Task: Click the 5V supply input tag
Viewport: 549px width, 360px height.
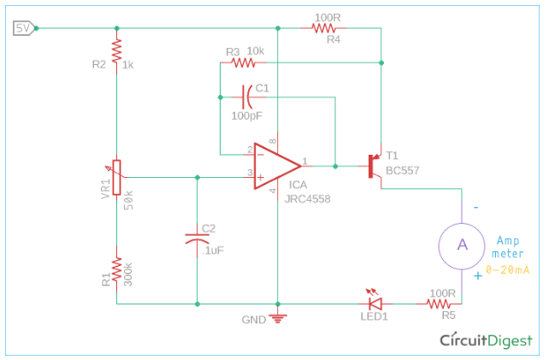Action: tap(24, 28)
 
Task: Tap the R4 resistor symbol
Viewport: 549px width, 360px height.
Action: tap(324, 28)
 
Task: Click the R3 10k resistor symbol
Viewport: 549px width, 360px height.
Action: tap(245, 62)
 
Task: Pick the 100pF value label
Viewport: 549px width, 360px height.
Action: tap(248, 115)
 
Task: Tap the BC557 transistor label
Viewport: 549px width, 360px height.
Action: tap(401, 169)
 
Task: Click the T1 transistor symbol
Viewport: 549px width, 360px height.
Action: tap(375, 165)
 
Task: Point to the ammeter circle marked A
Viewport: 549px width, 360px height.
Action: tap(462, 244)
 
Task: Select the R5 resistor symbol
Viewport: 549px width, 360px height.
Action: tap(440, 304)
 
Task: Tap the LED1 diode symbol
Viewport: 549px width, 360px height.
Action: tap(374, 304)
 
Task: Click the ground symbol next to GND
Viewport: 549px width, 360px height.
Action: tap(277, 319)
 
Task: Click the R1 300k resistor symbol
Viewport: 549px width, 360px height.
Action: tap(117, 273)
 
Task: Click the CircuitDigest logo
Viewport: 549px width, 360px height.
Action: tap(486, 340)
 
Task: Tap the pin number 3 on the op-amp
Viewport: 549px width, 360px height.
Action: tap(251, 173)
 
